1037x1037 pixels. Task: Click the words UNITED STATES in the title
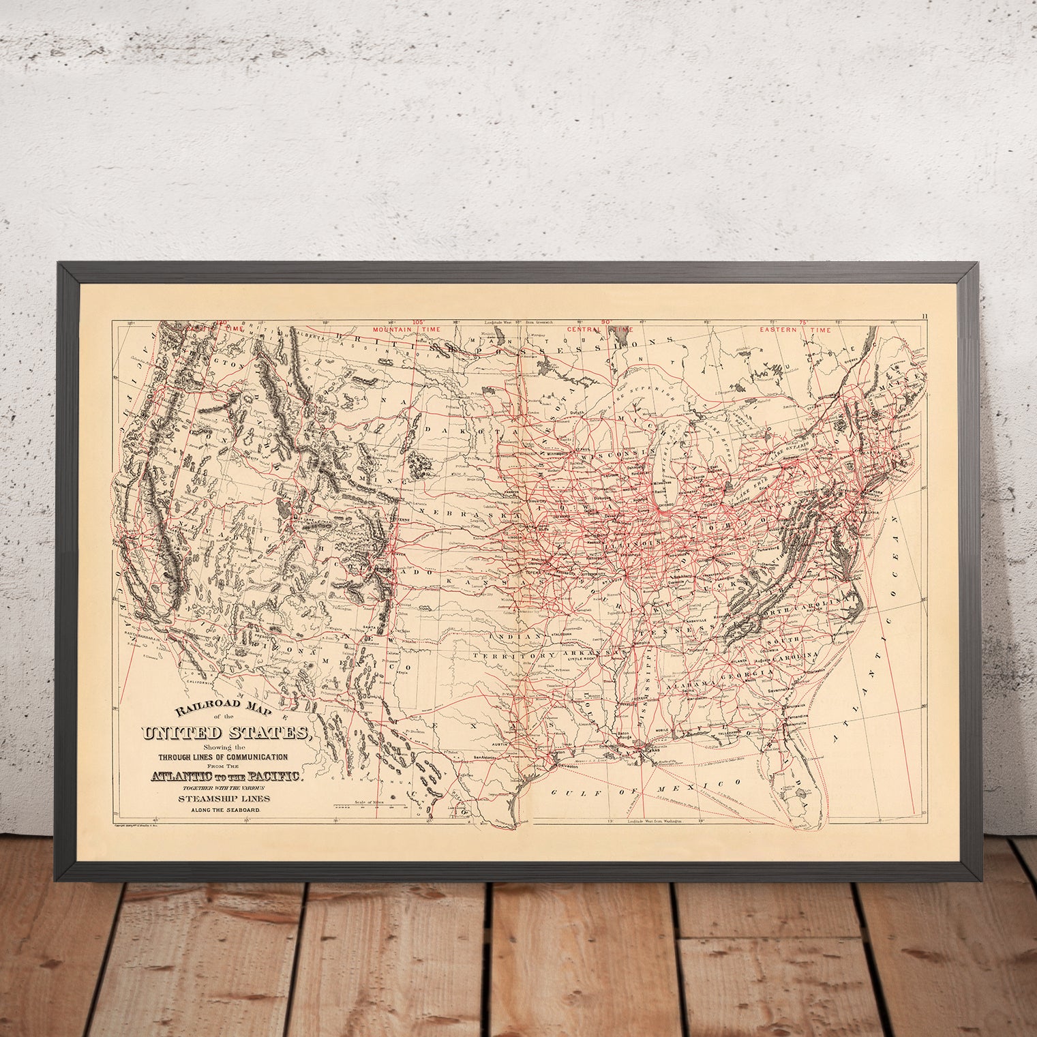(x=225, y=734)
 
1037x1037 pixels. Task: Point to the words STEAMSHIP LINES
(x=224, y=798)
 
